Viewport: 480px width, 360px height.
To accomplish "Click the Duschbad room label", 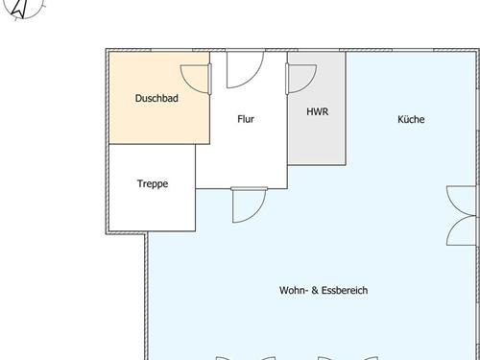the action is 156,98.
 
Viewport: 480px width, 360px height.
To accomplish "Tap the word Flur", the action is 246,119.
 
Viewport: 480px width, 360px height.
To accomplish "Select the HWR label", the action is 318,111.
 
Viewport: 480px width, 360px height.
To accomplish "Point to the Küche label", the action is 411,119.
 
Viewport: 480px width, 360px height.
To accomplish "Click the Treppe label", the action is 153,183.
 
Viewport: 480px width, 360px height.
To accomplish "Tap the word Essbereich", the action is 345,290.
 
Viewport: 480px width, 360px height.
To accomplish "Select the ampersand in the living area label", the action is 315,290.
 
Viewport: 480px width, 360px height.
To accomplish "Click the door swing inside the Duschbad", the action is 189,84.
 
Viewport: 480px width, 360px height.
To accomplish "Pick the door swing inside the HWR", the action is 310,84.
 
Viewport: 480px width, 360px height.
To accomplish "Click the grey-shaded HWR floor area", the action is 317,141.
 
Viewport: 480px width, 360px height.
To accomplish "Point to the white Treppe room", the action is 153,204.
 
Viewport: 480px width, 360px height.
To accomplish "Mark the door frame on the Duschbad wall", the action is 210,79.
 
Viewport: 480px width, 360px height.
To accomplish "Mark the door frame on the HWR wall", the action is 287,79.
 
